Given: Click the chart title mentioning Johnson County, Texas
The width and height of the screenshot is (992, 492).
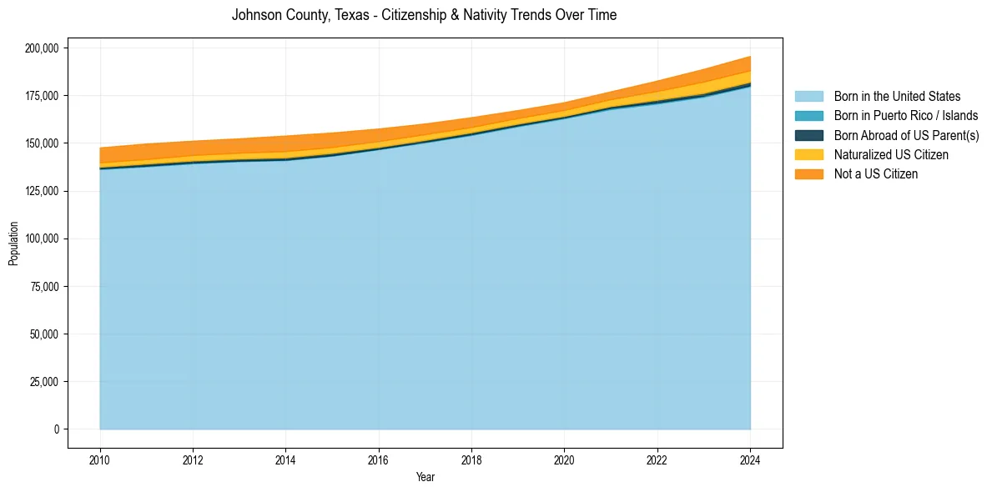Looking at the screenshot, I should click(424, 15).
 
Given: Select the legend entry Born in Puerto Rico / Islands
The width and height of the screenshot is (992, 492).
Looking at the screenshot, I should click(905, 116).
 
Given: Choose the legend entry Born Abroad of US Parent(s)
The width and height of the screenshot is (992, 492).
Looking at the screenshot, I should click(906, 135).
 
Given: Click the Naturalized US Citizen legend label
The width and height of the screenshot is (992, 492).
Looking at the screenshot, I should click(891, 154).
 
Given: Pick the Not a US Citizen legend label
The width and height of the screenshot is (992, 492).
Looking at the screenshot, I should click(875, 174).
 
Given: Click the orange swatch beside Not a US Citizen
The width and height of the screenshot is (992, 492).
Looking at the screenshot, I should click(808, 174).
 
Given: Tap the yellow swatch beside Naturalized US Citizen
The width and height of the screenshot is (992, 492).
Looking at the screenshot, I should click(808, 154).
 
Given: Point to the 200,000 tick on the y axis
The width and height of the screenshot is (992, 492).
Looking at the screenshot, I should click(42, 48).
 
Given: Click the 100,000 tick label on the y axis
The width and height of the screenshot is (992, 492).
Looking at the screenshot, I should click(42, 238).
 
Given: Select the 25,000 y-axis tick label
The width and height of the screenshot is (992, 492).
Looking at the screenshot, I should click(44, 382).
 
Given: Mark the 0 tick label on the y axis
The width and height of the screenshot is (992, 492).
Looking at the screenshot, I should click(57, 429).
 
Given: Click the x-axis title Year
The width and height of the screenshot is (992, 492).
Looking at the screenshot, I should click(425, 478).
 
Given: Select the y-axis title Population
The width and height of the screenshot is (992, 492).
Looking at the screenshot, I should click(13, 243).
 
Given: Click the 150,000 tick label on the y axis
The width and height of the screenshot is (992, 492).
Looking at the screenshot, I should click(42, 143).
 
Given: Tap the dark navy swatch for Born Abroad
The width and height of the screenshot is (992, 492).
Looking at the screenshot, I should click(808, 135).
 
